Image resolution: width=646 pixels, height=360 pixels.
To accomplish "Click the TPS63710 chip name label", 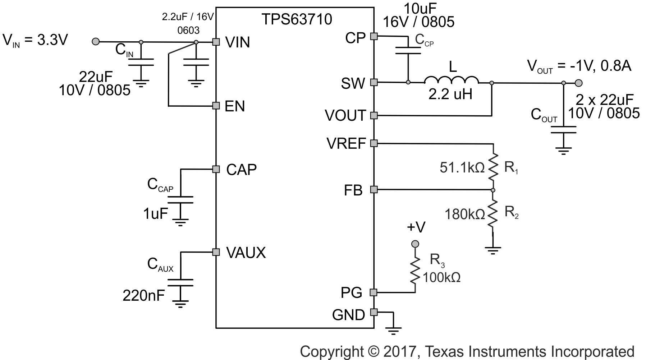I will [x=297, y=19].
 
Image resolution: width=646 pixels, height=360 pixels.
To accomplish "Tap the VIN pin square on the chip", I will [x=216, y=42].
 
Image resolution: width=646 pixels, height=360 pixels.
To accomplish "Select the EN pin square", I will [x=216, y=106].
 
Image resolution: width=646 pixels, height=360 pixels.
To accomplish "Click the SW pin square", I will [x=374, y=82].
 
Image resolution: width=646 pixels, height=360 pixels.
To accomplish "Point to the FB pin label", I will [x=353, y=190].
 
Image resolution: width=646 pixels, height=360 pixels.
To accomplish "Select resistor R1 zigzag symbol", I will [x=493, y=167].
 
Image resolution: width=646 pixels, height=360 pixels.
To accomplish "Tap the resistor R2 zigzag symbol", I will [x=493, y=213].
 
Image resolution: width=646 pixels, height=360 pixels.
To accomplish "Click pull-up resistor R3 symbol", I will [x=415, y=271].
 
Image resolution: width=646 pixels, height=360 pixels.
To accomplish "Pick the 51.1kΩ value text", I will [x=462, y=167].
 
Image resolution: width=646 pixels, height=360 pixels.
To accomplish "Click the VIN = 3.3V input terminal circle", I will [x=96, y=42].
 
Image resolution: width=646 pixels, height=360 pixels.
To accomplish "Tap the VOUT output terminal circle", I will [x=578, y=83].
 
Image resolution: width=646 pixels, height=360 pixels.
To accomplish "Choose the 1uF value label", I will [x=155, y=214].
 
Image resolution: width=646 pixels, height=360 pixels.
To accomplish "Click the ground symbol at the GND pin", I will [x=394, y=329].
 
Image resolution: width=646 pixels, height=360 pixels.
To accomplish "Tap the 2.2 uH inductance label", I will [x=450, y=94].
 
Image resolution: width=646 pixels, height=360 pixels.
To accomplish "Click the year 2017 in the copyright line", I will [x=398, y=351].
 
